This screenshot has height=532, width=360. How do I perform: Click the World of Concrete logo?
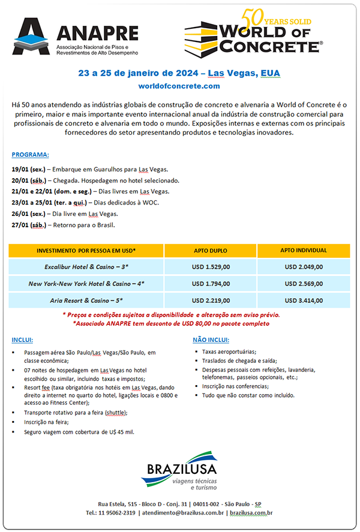pyautogui.click(x=253, y=34)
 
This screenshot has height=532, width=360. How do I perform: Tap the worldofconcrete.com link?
pyautogui.click(x=179, y=87)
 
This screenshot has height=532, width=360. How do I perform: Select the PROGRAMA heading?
pyautogui.click(x=31, y=154)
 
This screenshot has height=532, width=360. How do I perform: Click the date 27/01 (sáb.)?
pyautogui.click(x=28, y=225)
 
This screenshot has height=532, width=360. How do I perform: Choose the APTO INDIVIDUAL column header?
pyautogui.click(x=304, y=250)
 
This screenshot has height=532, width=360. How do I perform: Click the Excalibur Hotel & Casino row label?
pyautogui.click(x=86, y=267)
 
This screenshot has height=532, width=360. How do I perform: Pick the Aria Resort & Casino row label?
pyautogui.click(x=86, y=300)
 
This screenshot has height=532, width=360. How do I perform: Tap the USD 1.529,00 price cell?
pyautogui.click(x=211, y=267)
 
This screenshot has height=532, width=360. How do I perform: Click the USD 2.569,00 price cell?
pyautogui.click(x=304, y=284)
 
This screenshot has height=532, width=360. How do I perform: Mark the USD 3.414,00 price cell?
pyautogui.click(x=304, y=300)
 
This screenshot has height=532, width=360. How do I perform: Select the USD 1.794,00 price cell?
pyautogui.click(x=211, y=284)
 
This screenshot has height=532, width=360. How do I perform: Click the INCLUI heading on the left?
pyautogui.click(x=22, y=339)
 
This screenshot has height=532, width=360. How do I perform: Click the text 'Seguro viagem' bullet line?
pyautogui.click(x=79, y=432)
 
